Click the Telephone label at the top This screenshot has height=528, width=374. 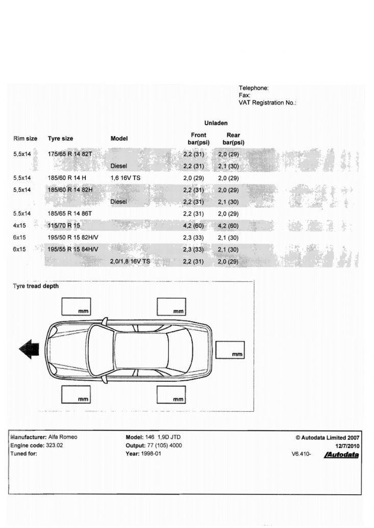(254, 88)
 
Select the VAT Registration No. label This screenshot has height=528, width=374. (267, 102)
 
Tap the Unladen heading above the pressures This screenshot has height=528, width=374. (216, 123)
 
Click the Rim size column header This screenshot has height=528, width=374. (25, 139)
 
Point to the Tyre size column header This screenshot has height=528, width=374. (60, 139)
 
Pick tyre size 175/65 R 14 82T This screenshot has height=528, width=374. (69, 154)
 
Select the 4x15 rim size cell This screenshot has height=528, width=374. (20, 225)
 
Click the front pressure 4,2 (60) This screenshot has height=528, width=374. (193, 225)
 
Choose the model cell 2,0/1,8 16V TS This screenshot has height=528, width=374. (130, 261)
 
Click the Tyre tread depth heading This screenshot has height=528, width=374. (36, 286)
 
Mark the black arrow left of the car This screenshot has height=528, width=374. (30, 349)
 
